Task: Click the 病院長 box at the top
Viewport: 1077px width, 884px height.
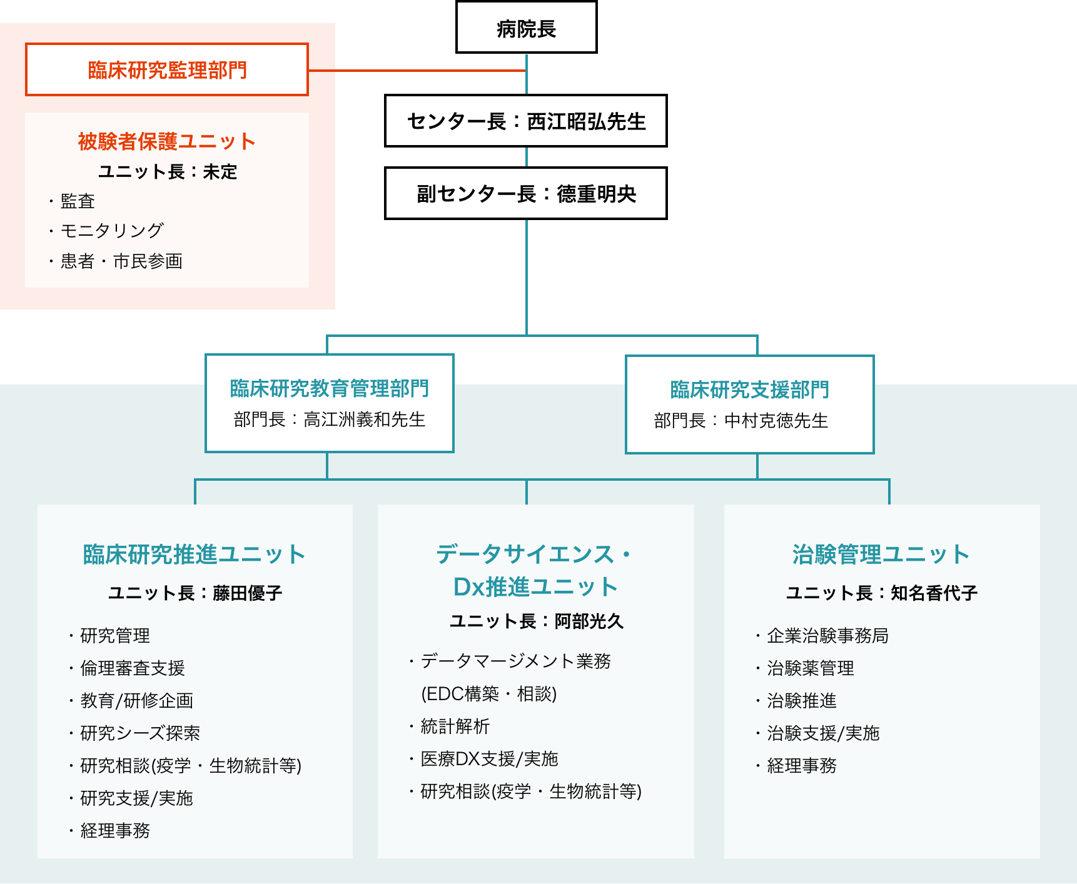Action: coord(526,28)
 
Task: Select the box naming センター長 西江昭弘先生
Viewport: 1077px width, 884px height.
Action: coord(525,121)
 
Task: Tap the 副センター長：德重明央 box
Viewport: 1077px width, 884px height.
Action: coord(525,193)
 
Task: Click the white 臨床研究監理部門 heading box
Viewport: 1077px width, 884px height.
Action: coord(167,69)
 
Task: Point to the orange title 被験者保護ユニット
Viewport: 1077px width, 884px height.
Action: coord(167,141)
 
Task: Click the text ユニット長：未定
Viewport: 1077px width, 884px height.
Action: coord(168,171)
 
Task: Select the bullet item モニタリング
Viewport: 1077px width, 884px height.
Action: coord(112,231)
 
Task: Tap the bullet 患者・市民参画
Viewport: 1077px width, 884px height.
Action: coord(121,261)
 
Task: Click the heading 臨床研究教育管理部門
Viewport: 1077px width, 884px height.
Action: coord(329,388)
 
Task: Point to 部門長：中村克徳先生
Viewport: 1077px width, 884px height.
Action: coord(741,420)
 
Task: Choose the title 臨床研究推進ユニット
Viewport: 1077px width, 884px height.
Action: coord(195,555)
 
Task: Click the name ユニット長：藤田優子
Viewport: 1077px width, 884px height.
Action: coord(195,593)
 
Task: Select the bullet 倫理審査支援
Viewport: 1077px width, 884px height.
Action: coord(133,668)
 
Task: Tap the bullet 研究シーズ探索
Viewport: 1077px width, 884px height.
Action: coord(140,733)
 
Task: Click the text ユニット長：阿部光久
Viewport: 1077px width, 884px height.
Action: coord(537,621)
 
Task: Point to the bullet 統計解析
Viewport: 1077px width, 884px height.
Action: coord(455,726)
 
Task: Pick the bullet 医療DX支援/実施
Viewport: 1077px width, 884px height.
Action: coord(489,759)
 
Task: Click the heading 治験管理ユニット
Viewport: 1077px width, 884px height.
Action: coord(881,555)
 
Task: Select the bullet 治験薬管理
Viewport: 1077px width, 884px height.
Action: coord(810,668)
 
